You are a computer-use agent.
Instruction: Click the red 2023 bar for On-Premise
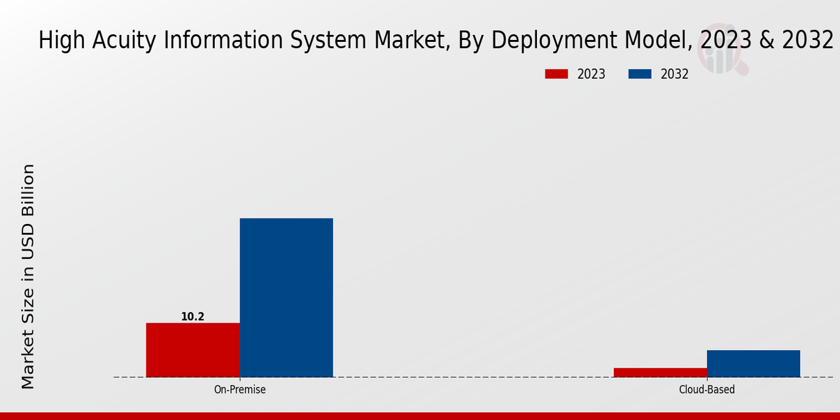pos(192,350)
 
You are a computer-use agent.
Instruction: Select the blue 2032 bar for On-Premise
pos(286,297)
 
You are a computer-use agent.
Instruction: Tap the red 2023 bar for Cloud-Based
pos(660,372)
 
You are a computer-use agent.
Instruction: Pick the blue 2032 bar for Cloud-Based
pos(753,363)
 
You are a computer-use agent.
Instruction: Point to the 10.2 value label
pos(192,317)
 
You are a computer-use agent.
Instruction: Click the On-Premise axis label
pos(239,389)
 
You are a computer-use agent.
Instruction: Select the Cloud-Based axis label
pos(707,389)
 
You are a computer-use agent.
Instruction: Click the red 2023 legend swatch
pos(556,74)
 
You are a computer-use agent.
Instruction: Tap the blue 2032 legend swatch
pos(640,74)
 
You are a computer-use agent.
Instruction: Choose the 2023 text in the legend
pos(591,74)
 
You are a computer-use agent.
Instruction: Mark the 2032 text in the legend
pos(675,74)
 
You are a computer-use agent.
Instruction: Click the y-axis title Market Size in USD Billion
pos(28,276)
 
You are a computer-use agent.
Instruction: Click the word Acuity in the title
pos(122,41)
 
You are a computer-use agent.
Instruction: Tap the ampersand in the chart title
pos(766,41)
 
